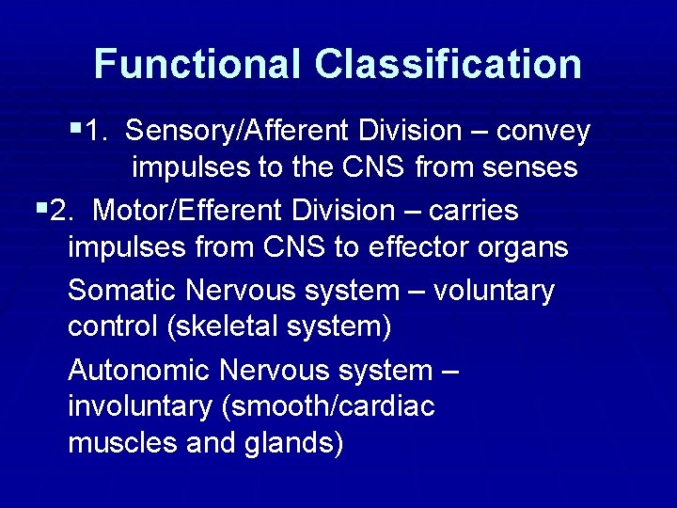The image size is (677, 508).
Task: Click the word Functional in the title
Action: pyautogui.click(x=197, y=64)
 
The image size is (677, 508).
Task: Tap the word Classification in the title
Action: pyautogui.click(x=449, y=64)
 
